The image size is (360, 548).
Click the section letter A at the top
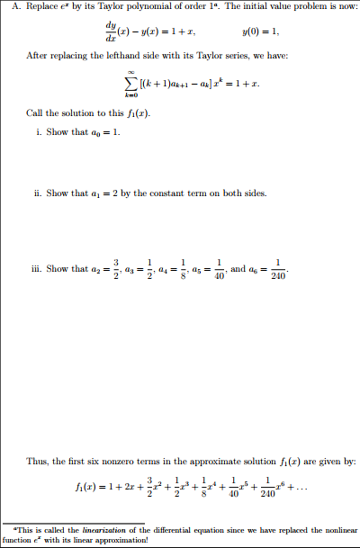click(x=7, y=7)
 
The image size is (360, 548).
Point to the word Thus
click(x=38, y=461)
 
